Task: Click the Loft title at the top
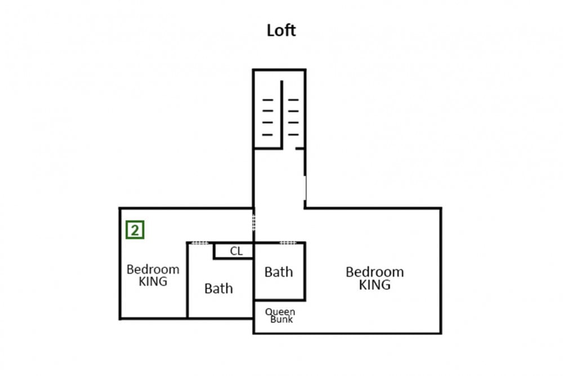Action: coord(281,30)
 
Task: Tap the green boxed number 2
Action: coord(135,230)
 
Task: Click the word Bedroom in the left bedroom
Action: coord(153,269)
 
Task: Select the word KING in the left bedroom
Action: coord(153,281)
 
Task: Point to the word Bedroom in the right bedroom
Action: coord(375,272)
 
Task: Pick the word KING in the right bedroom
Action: coord(375,285)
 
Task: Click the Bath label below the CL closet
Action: coord(218,288)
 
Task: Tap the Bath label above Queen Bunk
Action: coord(279,272)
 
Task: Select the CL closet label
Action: coord(236,251)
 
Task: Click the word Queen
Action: coord(280,312)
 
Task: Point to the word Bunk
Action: coord(281,319)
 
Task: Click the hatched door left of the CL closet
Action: coord(200,243)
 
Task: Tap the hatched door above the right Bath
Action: coord(288,243)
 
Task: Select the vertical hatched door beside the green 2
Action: coord(254,223)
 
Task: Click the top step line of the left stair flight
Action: coord(268,100)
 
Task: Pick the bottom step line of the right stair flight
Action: coord(293,135)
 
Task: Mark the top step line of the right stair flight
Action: coord(293,100)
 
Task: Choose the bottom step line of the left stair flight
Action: coord(268,135)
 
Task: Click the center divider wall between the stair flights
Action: coord(282,114)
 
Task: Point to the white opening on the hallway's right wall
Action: coord(305,188)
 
